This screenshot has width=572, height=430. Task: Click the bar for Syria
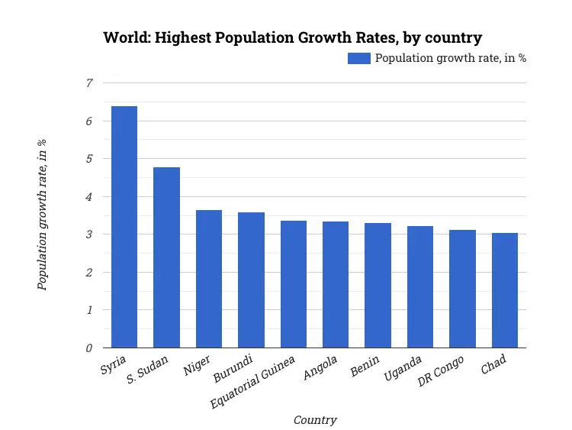(x=124, y=227)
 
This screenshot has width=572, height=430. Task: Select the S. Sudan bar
(x=166, y=257)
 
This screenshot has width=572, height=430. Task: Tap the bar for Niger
(x=209, y=279)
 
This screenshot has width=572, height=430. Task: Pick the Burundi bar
(x=251, y=280)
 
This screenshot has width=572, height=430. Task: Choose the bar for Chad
(x=505, y=290)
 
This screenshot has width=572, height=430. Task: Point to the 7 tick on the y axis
(x=89, y=83)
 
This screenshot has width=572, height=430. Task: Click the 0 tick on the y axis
(x=89, y=348)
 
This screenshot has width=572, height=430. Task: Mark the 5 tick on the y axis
(x=89, y=159)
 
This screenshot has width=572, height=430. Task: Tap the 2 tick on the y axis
(x=89, y=273)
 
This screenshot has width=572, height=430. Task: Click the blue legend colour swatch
(x=359, y=59)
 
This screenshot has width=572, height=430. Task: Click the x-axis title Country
(x=315, y=419)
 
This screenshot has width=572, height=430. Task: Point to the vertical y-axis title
(x=43, y=215)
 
